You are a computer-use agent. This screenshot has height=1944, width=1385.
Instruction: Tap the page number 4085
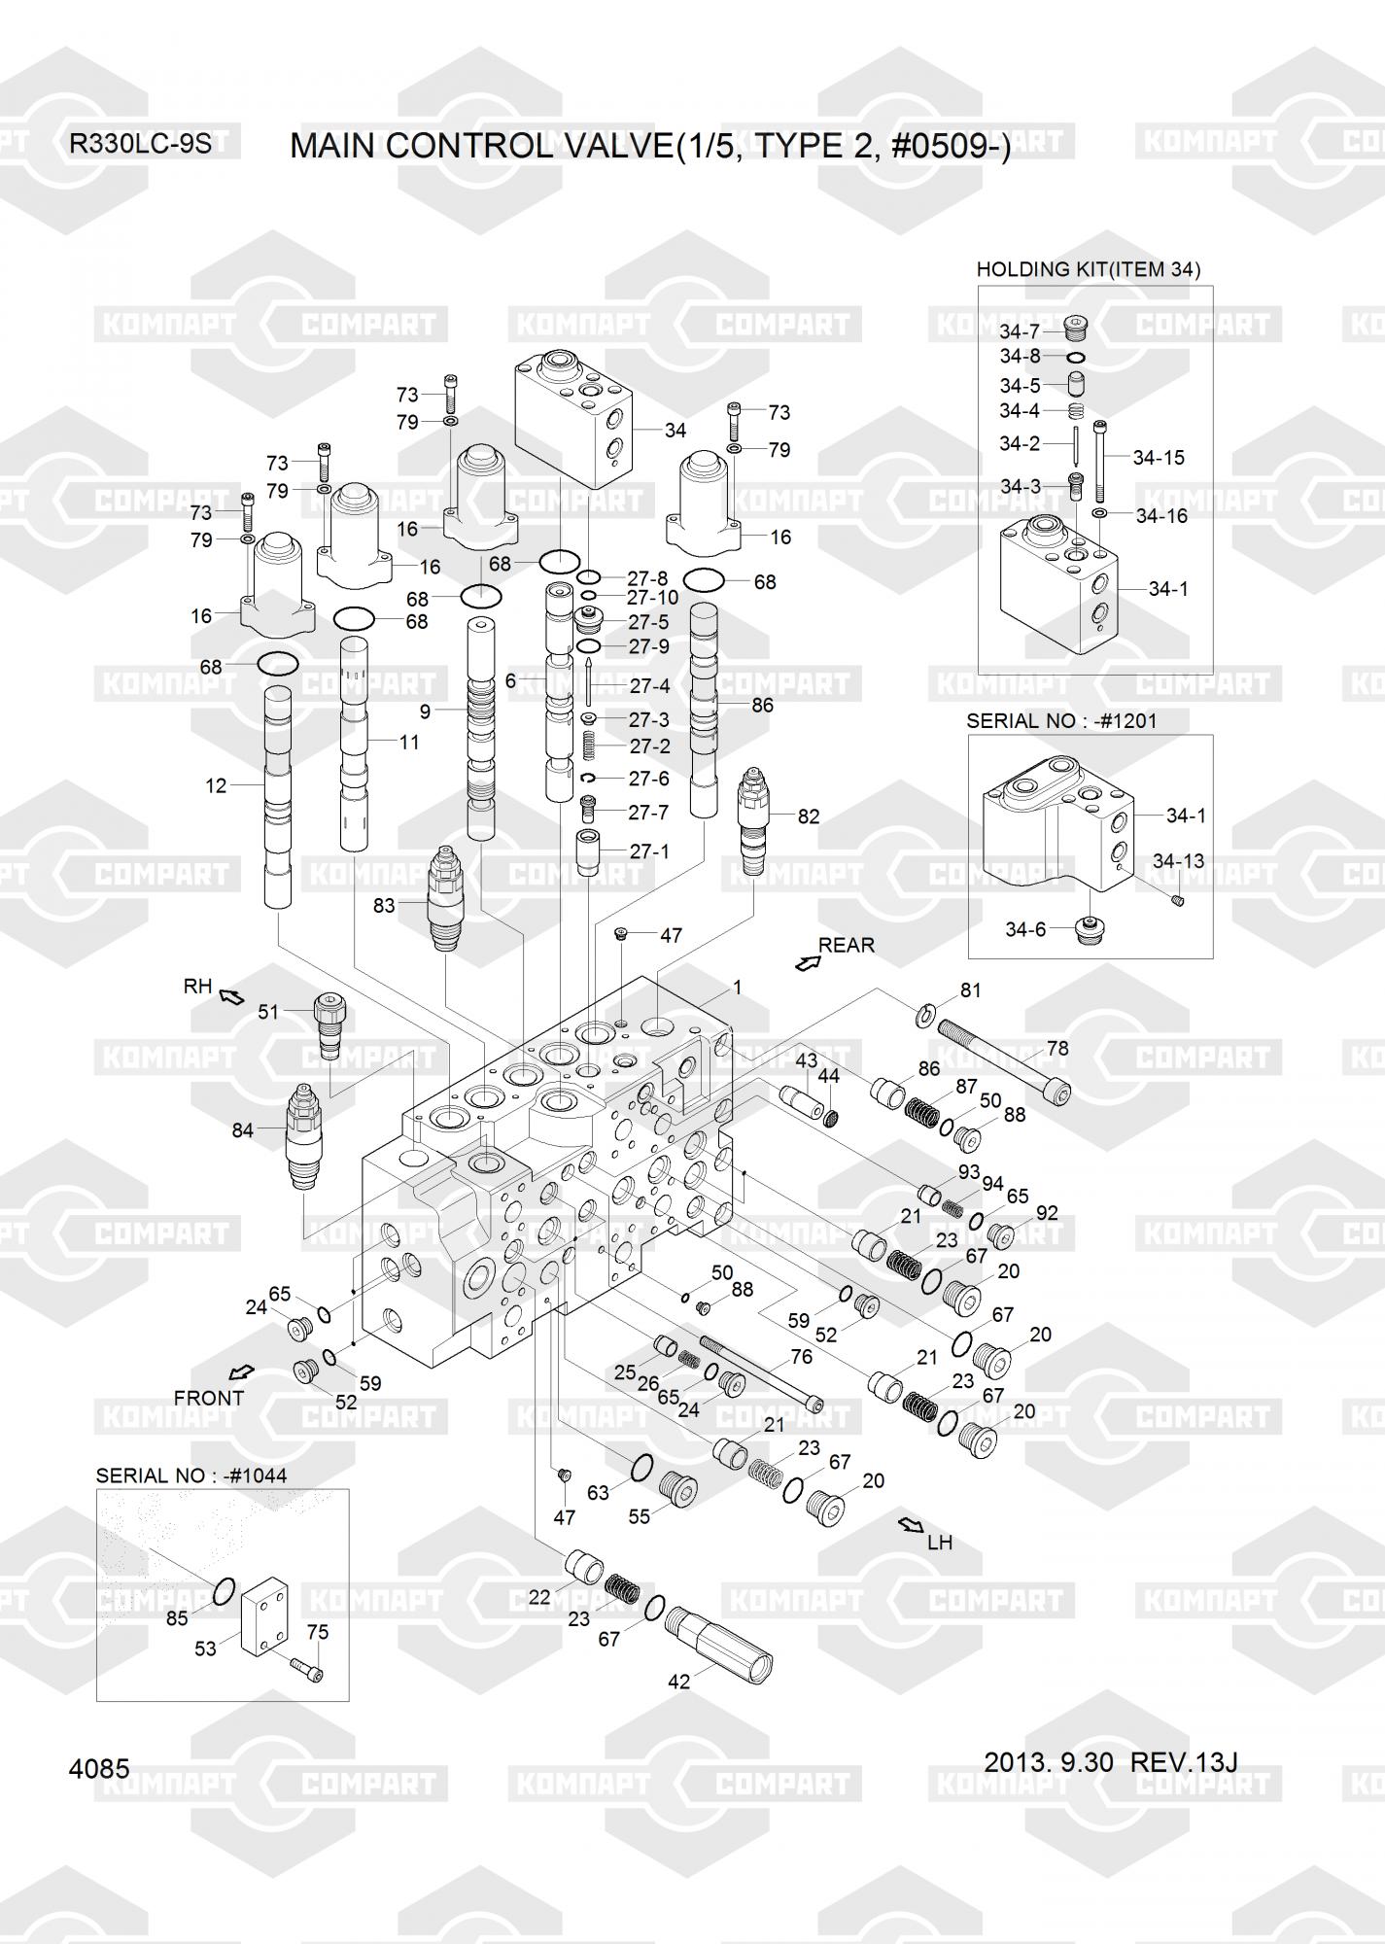[99, 1768]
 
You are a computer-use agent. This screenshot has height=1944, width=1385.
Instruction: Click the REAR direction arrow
[807, 962]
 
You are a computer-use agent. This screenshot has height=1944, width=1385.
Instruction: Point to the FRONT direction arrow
[239, 1372]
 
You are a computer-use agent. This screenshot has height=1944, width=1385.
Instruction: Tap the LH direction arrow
[911, 1524]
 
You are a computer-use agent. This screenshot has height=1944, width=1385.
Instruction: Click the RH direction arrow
[231, 995]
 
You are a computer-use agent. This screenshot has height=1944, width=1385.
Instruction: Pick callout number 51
[268, 1012]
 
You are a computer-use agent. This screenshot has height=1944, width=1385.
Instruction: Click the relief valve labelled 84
[303, 1133]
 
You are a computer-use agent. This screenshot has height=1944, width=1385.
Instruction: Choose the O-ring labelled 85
[223, 1590]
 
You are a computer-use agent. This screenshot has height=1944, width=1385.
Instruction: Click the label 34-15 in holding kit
[1159, 457]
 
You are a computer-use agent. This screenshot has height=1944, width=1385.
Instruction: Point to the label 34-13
[1178, 860]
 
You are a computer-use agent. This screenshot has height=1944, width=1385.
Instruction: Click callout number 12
[215, 785]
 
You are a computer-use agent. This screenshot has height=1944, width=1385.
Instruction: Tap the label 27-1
[649, 851]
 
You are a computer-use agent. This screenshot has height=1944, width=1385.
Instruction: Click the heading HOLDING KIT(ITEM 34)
[1088, 269]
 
